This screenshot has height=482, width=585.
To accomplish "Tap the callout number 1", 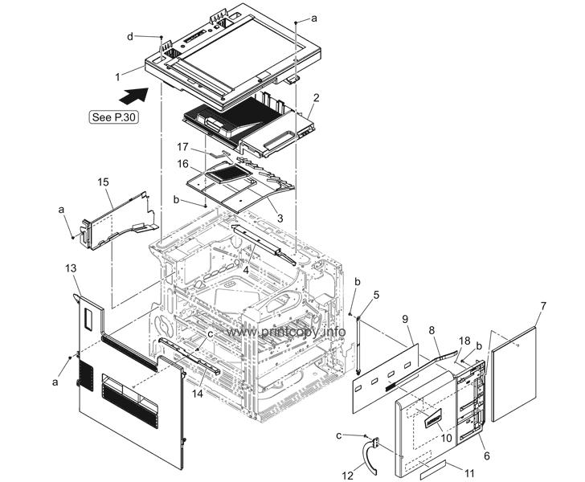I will (x=117, y=77).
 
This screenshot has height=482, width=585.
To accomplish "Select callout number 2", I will (x=317, y=97).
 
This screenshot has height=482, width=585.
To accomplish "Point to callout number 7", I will (x=543, y=306).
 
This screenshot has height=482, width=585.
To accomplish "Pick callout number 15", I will (x=103, y=182).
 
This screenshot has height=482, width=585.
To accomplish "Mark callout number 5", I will (x=376, y=294).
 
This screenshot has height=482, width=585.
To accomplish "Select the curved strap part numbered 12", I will (x=371, y=456).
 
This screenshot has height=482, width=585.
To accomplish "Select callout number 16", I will (x=184, y=164).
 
